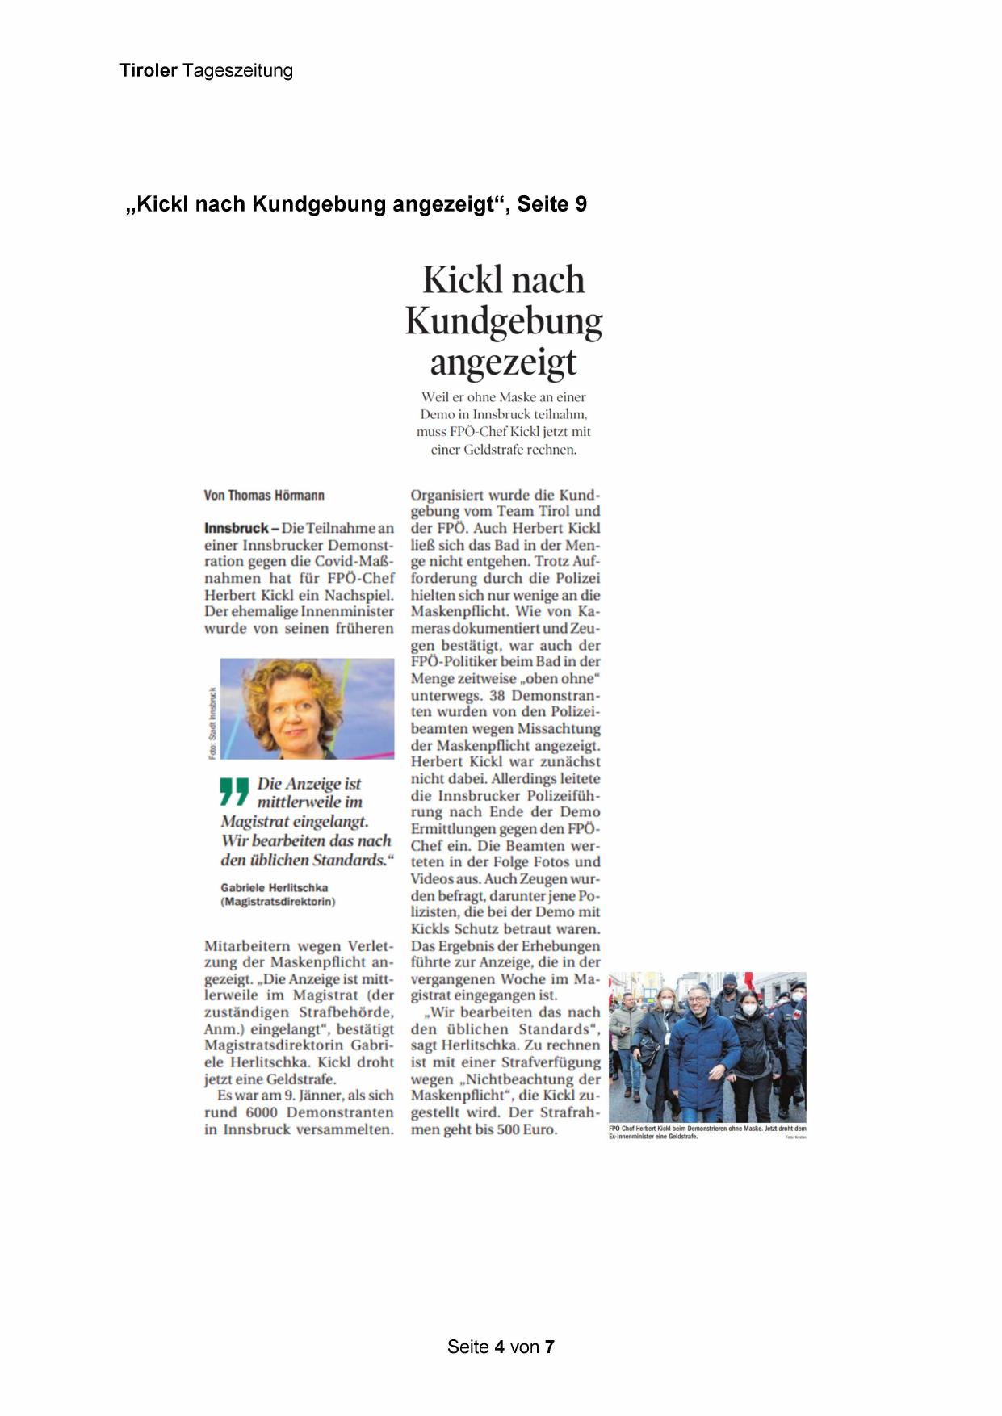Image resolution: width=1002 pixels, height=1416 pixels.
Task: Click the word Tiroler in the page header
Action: pos(149,70)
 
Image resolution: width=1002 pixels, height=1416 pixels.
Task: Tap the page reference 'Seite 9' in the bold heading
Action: pos(551,204)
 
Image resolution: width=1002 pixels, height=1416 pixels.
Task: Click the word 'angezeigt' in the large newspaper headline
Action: pos(503,362)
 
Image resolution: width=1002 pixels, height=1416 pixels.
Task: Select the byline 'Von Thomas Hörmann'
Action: pos(264,495)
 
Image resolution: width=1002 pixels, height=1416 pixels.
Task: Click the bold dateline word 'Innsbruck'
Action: pos(236,528)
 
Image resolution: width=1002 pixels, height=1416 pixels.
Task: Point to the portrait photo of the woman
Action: pos(307,708)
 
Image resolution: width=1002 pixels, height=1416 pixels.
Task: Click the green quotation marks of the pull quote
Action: pos(234,791)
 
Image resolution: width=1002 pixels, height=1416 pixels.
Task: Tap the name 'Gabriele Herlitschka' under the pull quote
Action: pos(275,887)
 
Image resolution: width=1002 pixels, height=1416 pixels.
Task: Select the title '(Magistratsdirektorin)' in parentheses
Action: pos(278,901)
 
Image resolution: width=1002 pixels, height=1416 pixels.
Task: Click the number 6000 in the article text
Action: pos(262,1112)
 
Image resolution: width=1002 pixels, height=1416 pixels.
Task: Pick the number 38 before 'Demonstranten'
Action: pos(497,695)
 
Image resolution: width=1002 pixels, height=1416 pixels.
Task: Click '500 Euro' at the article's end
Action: pos(527,1129)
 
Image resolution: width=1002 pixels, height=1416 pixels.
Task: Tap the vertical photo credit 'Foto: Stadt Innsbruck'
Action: pos(212,723)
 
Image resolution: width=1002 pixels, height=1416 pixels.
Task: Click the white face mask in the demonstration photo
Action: pos(748,1009)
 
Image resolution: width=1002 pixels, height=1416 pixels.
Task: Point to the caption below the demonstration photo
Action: pos(706,1132)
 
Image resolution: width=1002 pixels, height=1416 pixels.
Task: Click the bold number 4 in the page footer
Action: pos(499,1347)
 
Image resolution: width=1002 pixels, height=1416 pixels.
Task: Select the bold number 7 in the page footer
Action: pos(549,1347)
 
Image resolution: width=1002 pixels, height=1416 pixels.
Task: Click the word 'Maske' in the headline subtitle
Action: pos(518,396)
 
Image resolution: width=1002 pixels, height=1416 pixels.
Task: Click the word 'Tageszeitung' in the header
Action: pos(238,70)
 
